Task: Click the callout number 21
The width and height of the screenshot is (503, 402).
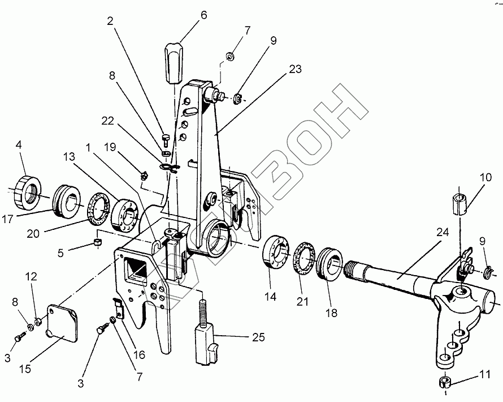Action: click(x=303, y=301)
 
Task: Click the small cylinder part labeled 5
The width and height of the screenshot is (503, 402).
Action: click(x=98, y=243)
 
